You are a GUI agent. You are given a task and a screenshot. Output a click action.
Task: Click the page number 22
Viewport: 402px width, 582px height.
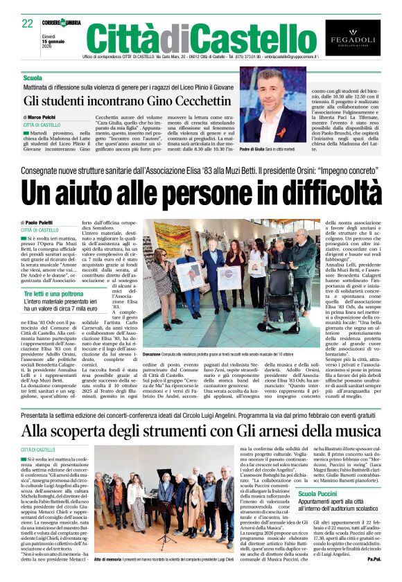click(28, 24)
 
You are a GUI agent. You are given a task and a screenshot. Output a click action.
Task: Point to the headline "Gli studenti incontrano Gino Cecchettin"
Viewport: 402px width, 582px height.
click(127, 100)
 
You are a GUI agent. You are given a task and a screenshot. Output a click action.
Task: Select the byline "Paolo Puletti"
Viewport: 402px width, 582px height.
click(47, 223)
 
